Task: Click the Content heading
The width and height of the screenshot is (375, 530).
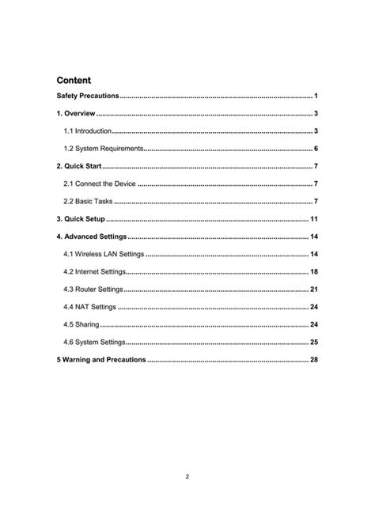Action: (x=74, y=80)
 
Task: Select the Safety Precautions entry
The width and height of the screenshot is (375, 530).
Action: (x=87, y=96)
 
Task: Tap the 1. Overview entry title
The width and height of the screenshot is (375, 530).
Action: (x=76, y=114)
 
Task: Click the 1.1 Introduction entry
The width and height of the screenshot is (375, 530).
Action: (x=88, y=131)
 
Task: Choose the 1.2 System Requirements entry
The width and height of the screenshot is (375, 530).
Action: (x=103, y=149)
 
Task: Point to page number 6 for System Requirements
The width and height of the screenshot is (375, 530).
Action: (x=316, y=149)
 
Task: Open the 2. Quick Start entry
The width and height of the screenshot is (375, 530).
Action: (x=79, y=166)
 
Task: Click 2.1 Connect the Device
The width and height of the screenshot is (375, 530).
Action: (x=99, y=184)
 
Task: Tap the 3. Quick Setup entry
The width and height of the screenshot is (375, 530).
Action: (x=80, y=219)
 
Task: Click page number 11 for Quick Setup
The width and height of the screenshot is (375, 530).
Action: (x=314, y=219)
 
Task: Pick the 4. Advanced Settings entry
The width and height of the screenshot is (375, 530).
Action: (x=91, y=237)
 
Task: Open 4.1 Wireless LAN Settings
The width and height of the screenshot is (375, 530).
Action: (x=104, y=254)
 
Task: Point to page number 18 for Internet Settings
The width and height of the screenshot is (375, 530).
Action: (x=314, y=271)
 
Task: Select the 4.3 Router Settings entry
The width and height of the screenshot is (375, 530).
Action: (x=93, y=290)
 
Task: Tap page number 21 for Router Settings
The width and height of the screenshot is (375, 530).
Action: (x=314, y=290)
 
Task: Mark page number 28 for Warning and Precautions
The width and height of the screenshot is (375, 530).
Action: (x=314, y=360)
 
